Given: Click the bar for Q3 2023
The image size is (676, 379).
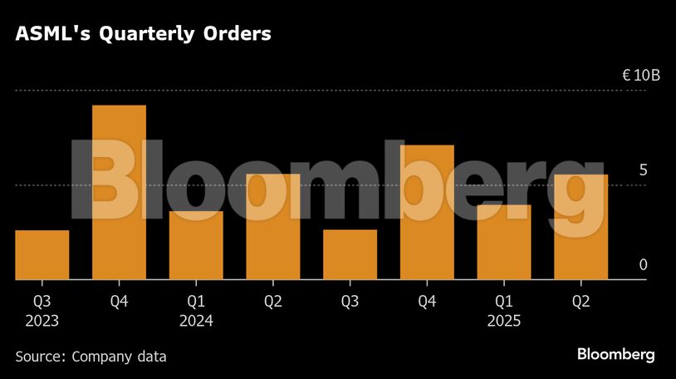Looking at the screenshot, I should tap(42, 255).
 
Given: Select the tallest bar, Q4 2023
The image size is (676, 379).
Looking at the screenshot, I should tap(119, 193).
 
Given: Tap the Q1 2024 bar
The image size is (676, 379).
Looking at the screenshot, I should tap(196, 245).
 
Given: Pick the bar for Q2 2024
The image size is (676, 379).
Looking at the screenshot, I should tap(272, 227).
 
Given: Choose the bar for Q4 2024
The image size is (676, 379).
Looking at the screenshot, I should tap(427, 213).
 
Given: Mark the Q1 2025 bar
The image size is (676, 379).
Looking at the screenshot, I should tap(504, 242).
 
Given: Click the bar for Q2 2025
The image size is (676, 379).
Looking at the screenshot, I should tap(580, 227).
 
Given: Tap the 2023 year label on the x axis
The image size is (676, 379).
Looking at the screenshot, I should tap(42, 321).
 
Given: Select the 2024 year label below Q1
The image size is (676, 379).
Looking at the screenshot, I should tap(196, 321).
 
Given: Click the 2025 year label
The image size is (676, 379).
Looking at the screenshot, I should tap(504, 321).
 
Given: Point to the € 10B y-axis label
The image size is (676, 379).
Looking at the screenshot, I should tap(641, 76).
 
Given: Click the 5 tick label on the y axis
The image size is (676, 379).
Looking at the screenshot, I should tap(643, 170).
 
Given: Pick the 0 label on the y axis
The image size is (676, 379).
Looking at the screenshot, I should tap(643, 265).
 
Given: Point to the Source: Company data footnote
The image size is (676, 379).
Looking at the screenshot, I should tap(91, 357).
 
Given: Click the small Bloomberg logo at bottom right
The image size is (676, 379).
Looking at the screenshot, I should tap(616, 355).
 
